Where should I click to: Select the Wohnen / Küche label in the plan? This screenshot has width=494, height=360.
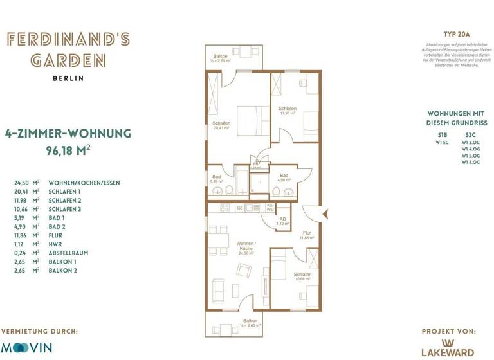(x=246, y=246)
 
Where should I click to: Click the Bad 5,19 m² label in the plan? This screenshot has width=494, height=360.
(x=216, y=179)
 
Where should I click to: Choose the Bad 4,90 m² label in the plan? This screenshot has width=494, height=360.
(x=283, y=177)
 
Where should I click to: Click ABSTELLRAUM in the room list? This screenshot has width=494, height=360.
(x=68, y=253)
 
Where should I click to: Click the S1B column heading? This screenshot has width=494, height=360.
(x=442, y=134)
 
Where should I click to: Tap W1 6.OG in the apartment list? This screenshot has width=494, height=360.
(x=471, y=162)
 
